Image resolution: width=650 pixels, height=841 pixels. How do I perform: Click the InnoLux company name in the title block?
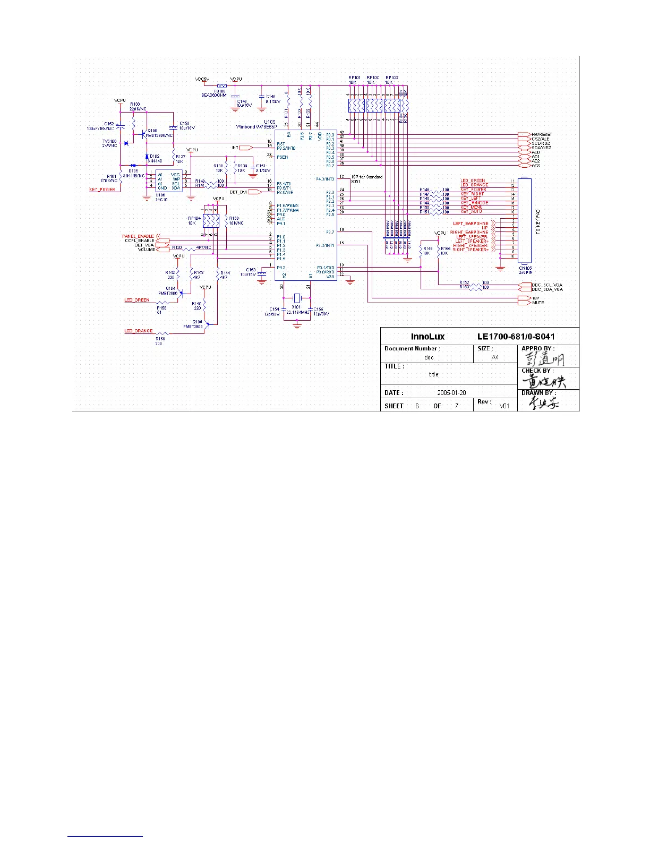click(x=427, y=337)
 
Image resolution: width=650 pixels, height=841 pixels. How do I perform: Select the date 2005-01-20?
click(x=451, y=393)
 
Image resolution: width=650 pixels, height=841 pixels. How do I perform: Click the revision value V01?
click(x=504, y=406)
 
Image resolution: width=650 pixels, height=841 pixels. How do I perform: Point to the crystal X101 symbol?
click(x=297, y=298)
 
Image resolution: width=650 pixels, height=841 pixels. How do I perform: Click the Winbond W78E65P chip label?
click(x=256, y=126)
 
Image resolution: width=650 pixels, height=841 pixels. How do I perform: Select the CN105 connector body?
click(x=525, y=220)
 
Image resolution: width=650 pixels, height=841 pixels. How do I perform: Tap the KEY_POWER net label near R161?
click(x=102, y=190)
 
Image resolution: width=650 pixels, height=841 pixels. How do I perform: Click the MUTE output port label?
click(x=538, y=303)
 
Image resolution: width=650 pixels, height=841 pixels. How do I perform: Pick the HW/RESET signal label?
click(x=542, y=135)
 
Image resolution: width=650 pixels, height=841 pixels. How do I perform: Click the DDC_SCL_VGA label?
click(x=547, y=285)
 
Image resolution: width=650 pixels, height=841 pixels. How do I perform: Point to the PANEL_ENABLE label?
click(x=138, y=236)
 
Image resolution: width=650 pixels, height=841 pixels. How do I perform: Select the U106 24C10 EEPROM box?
click(x=168, y=181)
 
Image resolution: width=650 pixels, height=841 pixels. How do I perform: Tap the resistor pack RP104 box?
click(x=211, y=220)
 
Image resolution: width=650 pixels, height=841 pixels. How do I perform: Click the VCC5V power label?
click(x=202, y=79)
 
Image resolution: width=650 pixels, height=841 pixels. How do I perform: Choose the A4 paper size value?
click(x=495, y=357)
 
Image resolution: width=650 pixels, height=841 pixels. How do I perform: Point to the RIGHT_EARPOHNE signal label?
click(x=469, y=233)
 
